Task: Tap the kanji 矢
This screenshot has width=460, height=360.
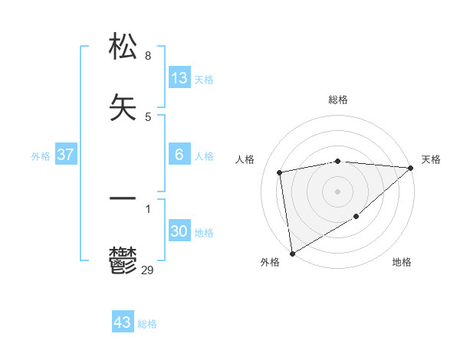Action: coord(123,106)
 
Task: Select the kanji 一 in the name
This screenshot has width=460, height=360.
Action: coord(123,198)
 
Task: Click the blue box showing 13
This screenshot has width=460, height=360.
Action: coord(179,78)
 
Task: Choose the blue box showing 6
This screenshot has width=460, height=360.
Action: coord(179,155)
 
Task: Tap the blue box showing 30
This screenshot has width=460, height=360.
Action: coord(179,231)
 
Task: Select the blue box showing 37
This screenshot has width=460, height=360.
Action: coord(65,155)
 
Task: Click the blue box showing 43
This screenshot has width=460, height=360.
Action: coord(123,322)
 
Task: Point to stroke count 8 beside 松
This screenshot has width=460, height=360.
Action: coord(147,56)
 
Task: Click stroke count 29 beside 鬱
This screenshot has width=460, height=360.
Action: coord(148,270)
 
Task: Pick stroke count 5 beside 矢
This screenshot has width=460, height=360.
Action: coord(147,116)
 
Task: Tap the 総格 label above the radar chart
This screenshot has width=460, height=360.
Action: coord(338,100)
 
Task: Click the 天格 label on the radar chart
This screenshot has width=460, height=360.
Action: coord(431,159)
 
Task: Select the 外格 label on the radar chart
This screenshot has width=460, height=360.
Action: coord(270,262)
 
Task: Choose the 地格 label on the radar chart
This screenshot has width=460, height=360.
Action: coord(402,262)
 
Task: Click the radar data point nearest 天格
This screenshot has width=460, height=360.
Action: coord(411,168)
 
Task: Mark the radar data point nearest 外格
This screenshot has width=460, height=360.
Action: coord(292,253)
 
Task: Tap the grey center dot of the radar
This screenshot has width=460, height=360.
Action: coord(338,190)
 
